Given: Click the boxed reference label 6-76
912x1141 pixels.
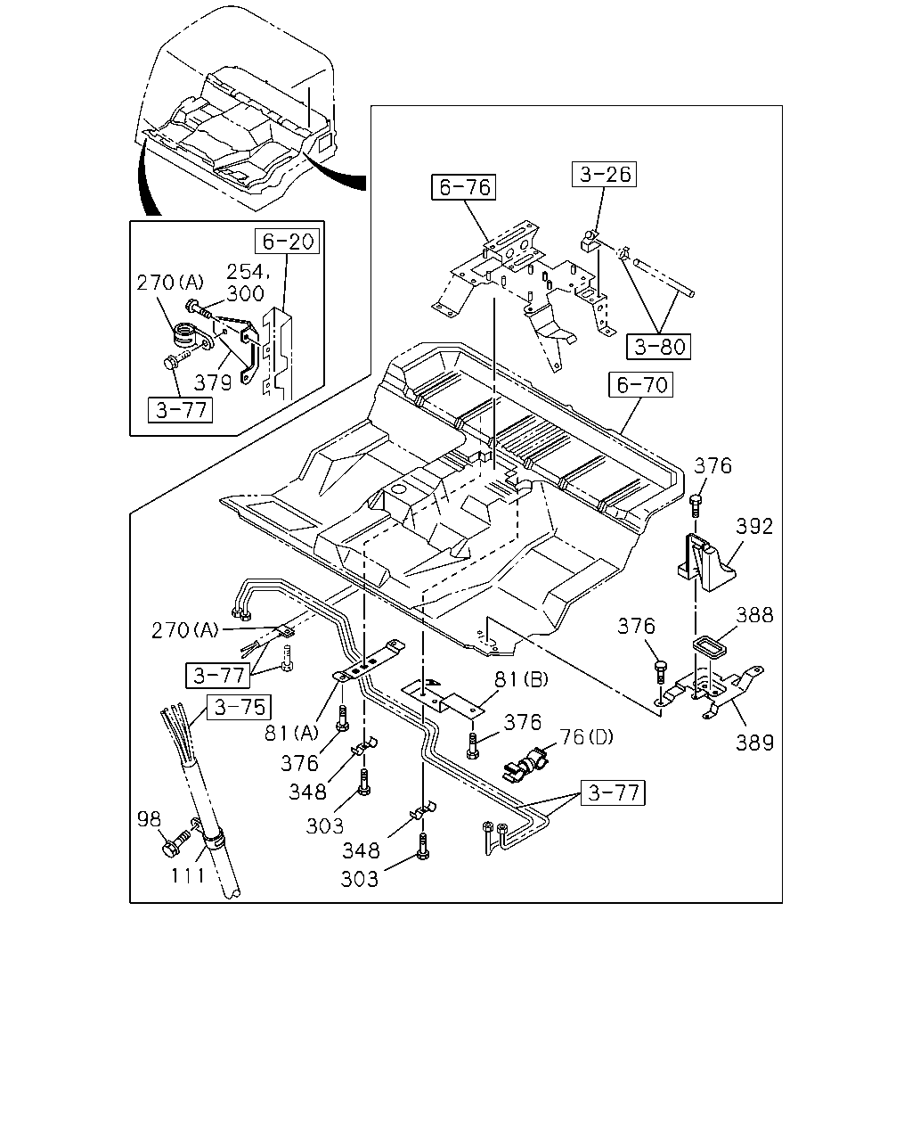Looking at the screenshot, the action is coord(463,186).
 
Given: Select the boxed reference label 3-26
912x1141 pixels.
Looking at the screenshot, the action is coord(604,174).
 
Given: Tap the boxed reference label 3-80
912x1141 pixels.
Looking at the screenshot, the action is coord(659,347).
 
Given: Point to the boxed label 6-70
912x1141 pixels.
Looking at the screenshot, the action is coord(641,385).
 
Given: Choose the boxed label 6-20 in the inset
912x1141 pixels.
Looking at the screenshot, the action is coord(287,242).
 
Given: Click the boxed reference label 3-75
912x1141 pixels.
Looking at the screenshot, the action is coord(239,707).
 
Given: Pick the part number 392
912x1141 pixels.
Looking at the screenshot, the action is coord(754,527).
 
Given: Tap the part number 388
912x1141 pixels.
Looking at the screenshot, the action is coord(754,615).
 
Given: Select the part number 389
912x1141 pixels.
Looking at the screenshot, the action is coord(754,743).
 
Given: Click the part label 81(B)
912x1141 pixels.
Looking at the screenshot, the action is coord(521,679).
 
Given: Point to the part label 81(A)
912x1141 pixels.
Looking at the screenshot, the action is coord(291,734).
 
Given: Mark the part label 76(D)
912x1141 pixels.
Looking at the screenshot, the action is coord(586,737).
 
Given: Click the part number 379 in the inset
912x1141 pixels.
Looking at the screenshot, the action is coord(213,382).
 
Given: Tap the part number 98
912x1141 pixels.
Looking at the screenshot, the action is coord(149,819).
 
